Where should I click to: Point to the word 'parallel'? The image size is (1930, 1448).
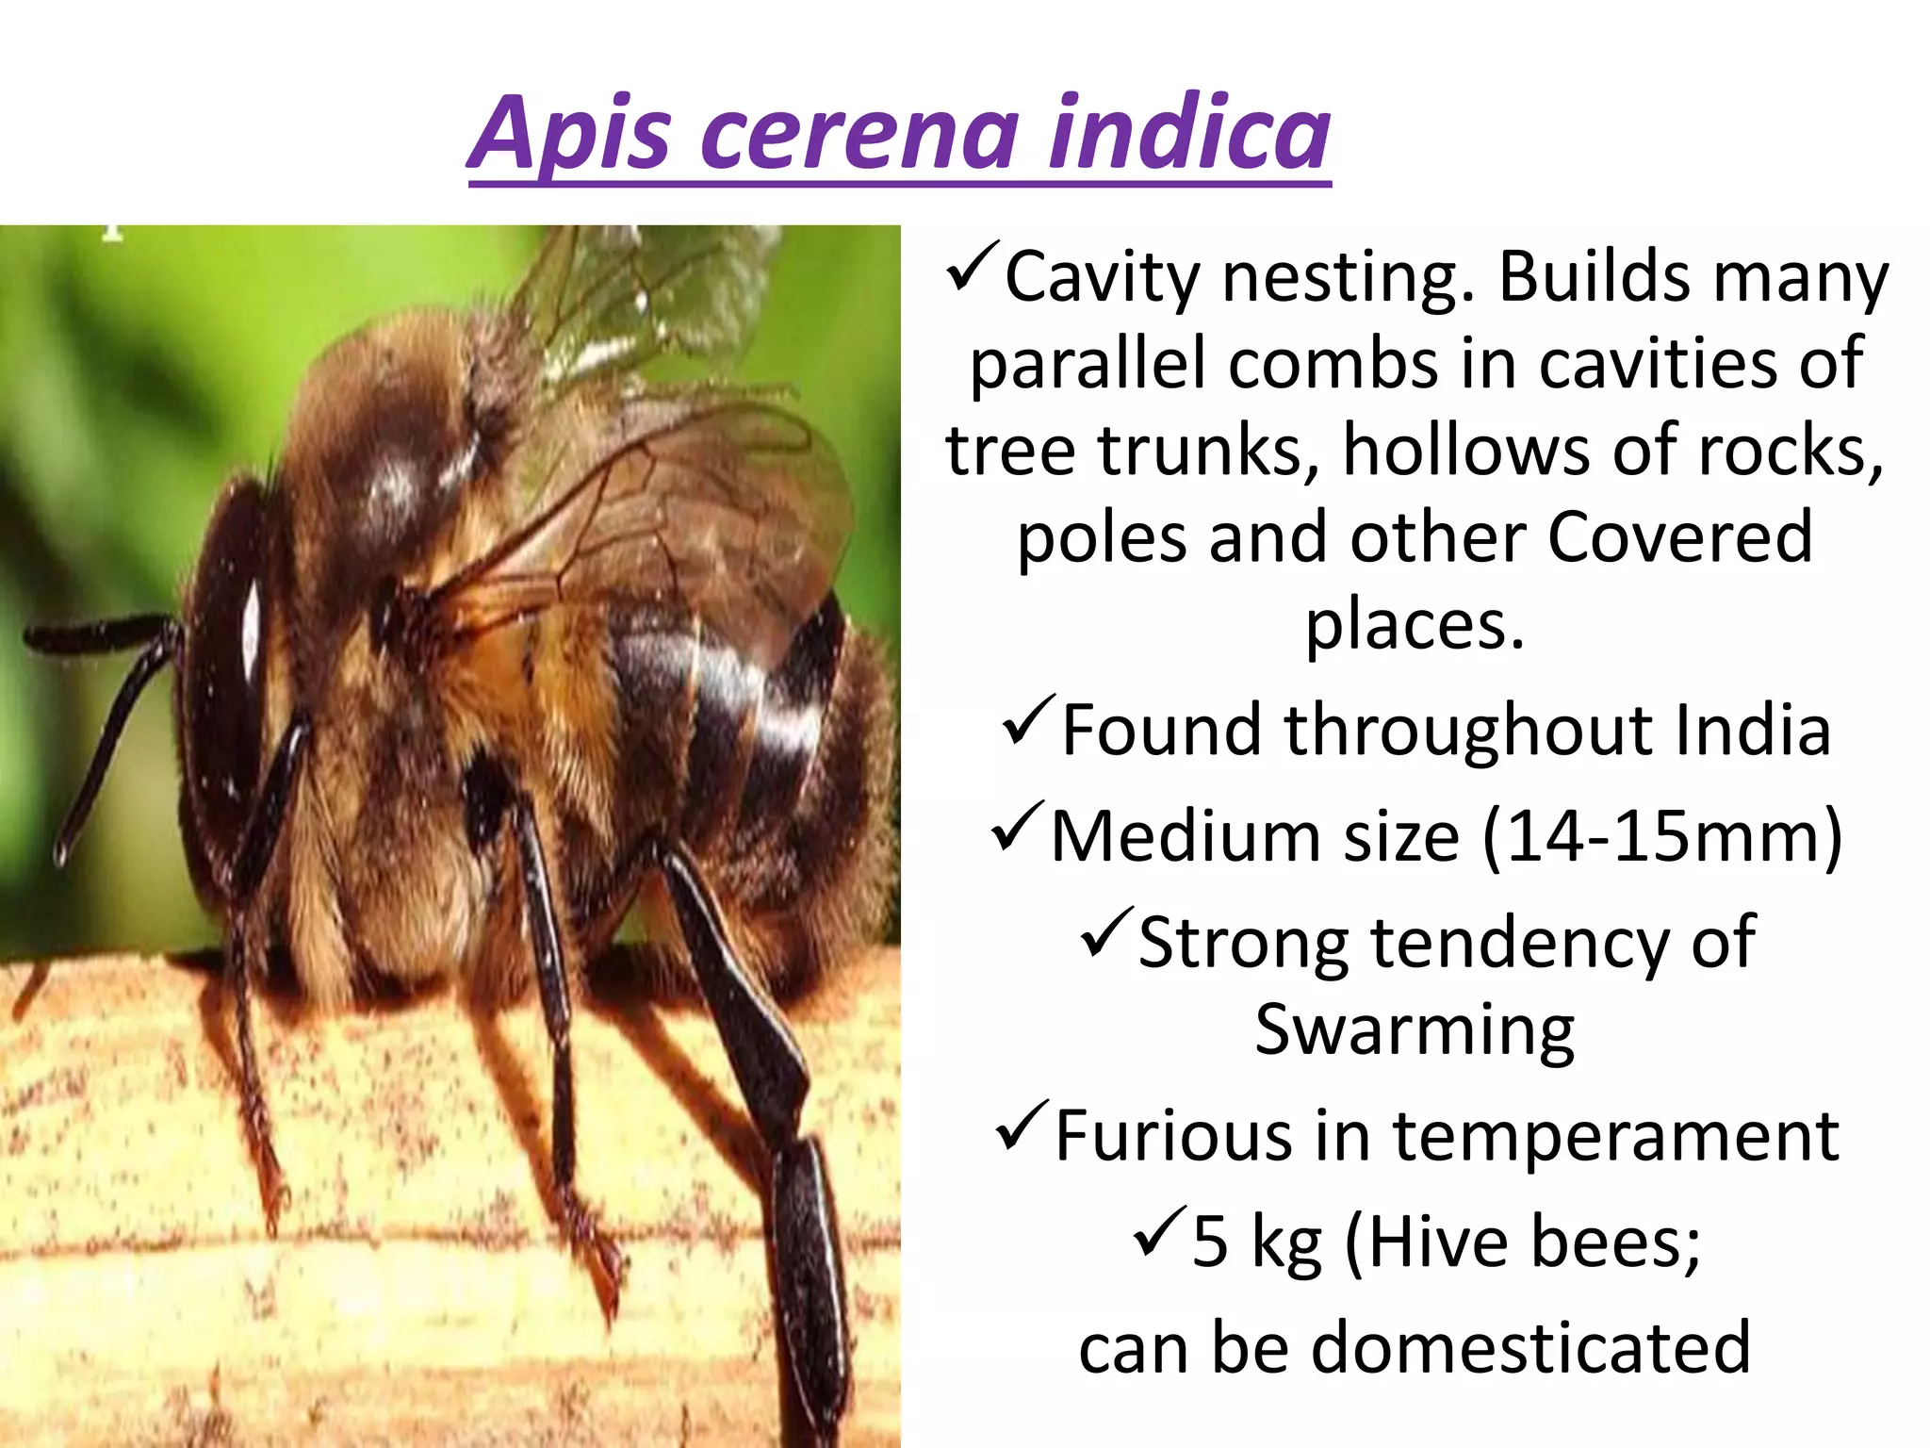[x=1088, y=364]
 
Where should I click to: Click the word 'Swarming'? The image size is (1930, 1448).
[x=1414, y=1029]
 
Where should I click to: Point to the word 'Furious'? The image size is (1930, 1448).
[x=1172, y=1136]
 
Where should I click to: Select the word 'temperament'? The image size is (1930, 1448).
[x=1615, y=1136]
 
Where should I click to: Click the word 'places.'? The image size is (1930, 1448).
[x=1414, y=626]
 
